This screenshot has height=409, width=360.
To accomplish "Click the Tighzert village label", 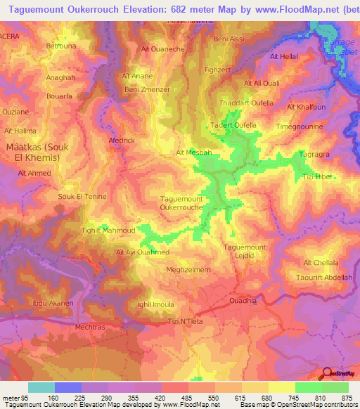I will coord(216,71).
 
